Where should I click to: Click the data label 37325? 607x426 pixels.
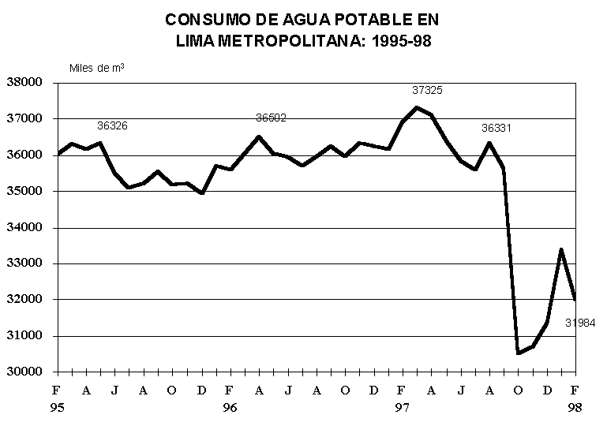click(x=428, y=90)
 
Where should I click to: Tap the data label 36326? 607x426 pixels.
click(x=112, y=125)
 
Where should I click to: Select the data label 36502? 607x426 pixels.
click(x=271, y=118)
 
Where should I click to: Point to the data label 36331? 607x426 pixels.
click(x=497, y=127)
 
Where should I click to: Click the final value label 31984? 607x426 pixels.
click(x=580, y=323)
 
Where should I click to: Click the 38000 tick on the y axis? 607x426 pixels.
click(x=24, y=82)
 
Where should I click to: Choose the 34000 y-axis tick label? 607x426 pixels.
click(x=24, y=227)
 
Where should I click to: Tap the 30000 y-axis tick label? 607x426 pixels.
click(x=24, y=372)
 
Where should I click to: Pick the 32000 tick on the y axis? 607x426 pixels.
click(x=24, y=300)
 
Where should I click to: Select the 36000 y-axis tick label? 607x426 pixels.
click(x=24, y=155)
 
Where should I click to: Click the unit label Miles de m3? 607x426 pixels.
click(x=97, y=67)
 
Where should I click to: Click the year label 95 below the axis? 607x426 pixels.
click(x=56, y=408)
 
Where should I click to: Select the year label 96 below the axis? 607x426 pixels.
click(x=229, y=408)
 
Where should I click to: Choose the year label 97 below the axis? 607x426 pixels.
click(x=402, y=408)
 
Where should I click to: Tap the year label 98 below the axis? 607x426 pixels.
click(x=575, y=408)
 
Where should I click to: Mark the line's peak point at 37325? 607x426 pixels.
click(x=417, y=107)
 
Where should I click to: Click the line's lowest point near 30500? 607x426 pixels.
click(x=518, y=353)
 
